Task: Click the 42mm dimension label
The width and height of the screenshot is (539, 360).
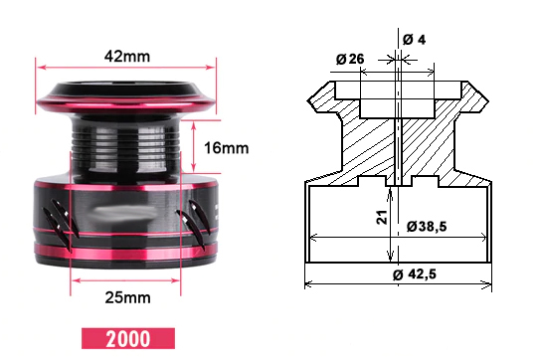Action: (127, 56)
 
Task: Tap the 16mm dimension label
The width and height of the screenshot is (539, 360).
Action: (226, 148)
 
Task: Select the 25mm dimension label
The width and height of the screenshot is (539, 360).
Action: (127, 297)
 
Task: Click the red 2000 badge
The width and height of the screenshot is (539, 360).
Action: (128, 339)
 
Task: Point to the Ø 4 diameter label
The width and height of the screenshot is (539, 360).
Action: (414, 40)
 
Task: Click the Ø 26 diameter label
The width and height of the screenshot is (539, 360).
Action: (350, 59)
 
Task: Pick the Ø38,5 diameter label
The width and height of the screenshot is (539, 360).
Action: (427, 227)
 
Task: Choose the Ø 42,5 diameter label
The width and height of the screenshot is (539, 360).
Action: (415, 274)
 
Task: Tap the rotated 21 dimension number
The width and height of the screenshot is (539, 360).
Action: (382, 218)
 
